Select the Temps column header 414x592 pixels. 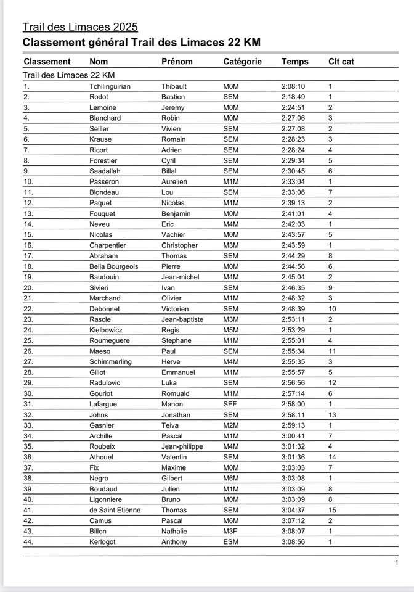point(294,61)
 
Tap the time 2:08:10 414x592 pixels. point(293,86)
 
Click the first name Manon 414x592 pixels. point(172,404)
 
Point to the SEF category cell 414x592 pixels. point(230,404)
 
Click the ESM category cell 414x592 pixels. point(230,542)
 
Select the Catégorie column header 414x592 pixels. point(242,61)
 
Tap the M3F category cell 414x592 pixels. point(230,531)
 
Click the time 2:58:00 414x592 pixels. point(293,404)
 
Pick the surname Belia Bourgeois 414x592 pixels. point(114,266)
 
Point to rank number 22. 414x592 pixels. point(28,309)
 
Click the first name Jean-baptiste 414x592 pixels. point(182,319)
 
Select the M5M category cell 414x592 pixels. point(231,330)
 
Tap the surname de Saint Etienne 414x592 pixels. point(115,510)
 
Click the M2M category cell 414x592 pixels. point(231,425)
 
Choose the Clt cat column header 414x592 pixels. point(341,61)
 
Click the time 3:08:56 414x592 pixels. point(293,542)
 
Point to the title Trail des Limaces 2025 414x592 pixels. point(80,27)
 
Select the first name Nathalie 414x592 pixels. point(174,531)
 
